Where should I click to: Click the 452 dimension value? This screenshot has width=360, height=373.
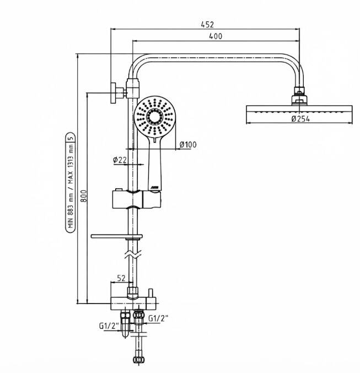click(x=207, y=24)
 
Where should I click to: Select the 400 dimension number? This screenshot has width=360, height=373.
click(x=216, y=36)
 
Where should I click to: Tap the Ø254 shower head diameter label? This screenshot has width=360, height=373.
click(x=300, y=119)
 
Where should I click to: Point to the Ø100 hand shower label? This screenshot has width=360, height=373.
click(x=188, y=145)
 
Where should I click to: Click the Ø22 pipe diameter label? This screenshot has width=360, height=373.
click(x=120, y=160)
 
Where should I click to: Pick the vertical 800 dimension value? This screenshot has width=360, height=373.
click(x=84, y=196)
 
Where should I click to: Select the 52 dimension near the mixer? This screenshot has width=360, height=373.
click(x=121, y=278)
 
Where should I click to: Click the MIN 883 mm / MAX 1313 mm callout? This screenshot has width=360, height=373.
click(x=71, y=183)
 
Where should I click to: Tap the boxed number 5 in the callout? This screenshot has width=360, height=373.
click(x=71, y=137)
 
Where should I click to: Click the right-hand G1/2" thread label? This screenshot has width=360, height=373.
click(x=158, y=318)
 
